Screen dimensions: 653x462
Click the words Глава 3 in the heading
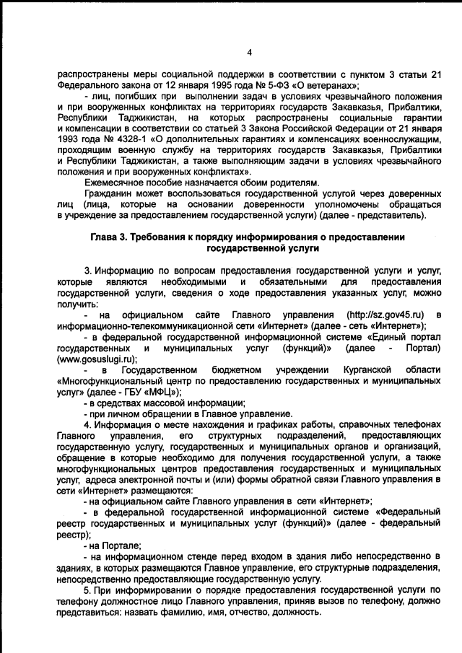point(115,237)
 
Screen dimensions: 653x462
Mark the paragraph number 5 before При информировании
point(86,590)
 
